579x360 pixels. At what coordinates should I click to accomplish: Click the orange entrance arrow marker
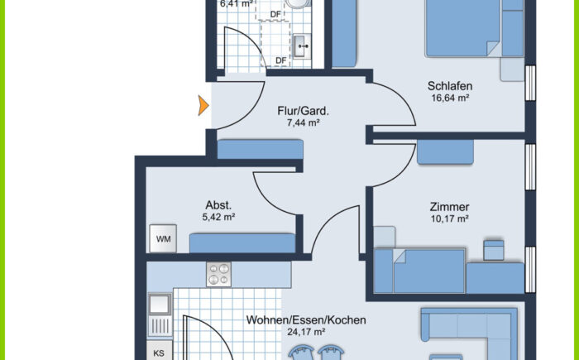(x=202, y=106)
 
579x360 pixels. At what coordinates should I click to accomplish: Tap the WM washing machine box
(x=163, y=240)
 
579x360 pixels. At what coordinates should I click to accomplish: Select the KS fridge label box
(x=160, y=353)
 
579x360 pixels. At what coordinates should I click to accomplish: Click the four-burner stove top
(x=220, y=274)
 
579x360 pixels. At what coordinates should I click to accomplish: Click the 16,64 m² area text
(x=449, y=98)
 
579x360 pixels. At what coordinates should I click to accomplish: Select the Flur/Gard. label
(x=303, y=110)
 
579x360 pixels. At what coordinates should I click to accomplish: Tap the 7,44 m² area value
(x=302, y=122)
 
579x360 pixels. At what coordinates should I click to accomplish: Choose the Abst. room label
(x=218, y=205)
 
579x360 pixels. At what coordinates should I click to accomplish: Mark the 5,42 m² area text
(x=218, y=218)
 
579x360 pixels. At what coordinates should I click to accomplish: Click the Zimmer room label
(x=449, y=207)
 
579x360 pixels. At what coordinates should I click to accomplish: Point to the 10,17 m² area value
(x=449, y=219)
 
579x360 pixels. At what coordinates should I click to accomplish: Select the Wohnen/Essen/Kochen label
(x=306, y=320)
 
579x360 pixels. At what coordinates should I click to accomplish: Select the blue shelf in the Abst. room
(x=242, y=242)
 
